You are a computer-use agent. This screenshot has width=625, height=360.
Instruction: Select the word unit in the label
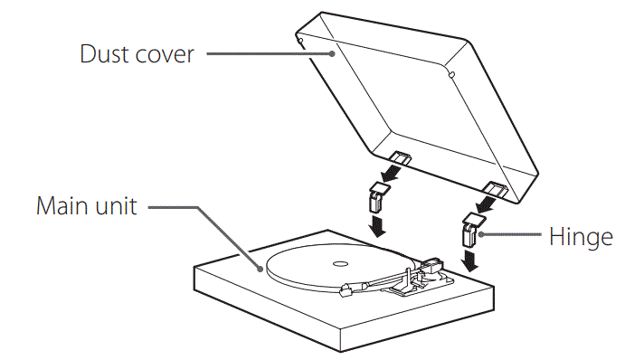click(117, 206)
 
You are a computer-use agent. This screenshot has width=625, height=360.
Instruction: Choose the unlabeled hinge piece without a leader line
click(379, 198)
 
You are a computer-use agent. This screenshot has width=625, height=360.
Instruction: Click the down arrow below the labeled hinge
click(471, 263)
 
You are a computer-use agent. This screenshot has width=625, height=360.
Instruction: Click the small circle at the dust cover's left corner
click(298, 40)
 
